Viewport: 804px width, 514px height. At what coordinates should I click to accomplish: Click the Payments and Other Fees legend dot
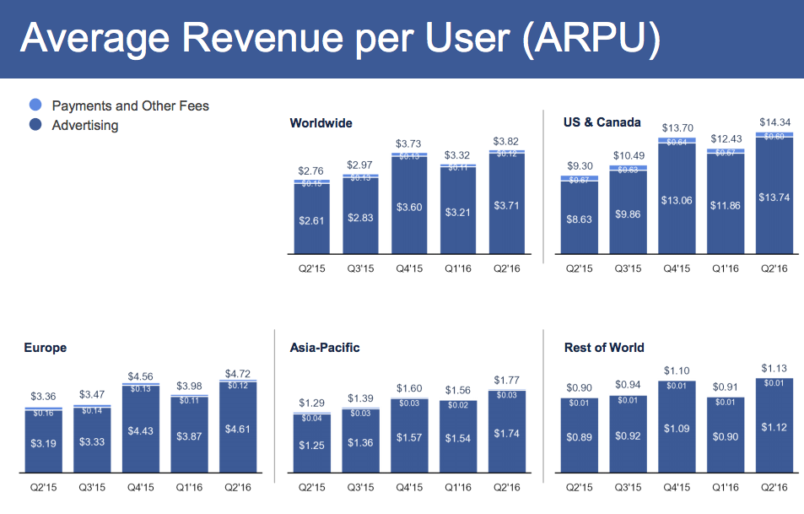pyautogui.click(x=35, y=106)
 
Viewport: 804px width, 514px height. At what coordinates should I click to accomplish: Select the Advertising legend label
pyautogui.click(x=84, y=126)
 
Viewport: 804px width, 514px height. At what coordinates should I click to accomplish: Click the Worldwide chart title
pyautogui.click(x=321, y=123)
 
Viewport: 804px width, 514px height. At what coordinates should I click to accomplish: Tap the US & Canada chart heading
pyautogui.click(x=602, y=122)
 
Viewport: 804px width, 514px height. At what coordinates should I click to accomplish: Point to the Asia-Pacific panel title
pyautogui.click(x=325, y=348)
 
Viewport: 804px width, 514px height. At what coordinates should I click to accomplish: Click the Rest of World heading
pyautogui.click(x=604, y=348)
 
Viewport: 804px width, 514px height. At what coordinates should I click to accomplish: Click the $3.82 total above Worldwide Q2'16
pyautogui.click(x=505, y=141)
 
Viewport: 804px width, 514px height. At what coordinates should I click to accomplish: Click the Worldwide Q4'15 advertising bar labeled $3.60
pyautogui.click(x=408, y=207)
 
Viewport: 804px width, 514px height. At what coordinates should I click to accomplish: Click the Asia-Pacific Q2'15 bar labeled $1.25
pyautogui.click(x=311, y=445)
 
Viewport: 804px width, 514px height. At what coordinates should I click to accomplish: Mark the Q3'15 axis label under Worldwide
pyautogui.click(x=360, y=270)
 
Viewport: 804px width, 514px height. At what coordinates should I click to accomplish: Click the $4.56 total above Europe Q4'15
pyautogui.click(x=141, y=376)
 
